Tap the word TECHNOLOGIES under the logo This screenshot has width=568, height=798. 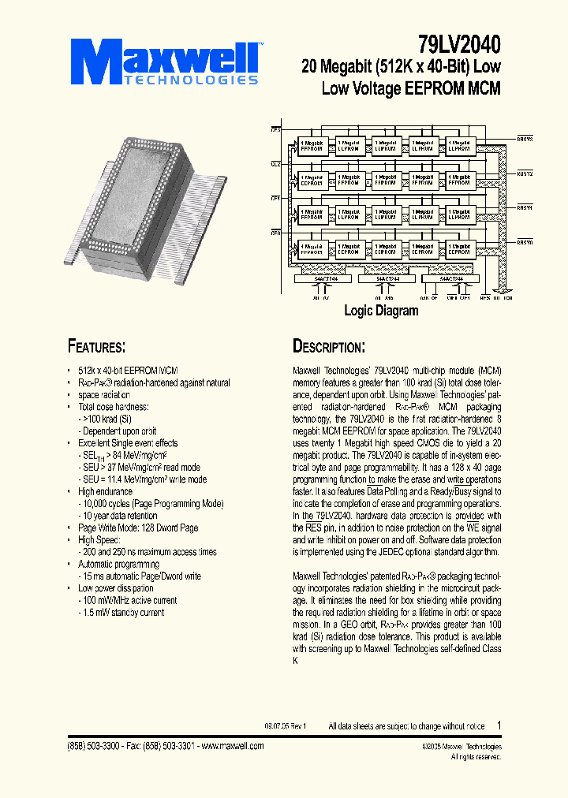[189, 80]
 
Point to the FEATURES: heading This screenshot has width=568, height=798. [97, 347]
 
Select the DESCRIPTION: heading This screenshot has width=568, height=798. [329, 347]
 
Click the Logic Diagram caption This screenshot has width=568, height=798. [381, 311]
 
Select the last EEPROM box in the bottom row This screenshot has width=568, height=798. [459, 248]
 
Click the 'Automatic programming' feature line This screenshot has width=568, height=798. [118, 564]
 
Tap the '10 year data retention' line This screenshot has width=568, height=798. [123, 516]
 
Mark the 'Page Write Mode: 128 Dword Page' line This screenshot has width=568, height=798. [138, 528]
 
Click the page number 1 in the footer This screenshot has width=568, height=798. [499, 725]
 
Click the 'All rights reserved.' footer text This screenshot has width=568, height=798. [476, 756]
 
